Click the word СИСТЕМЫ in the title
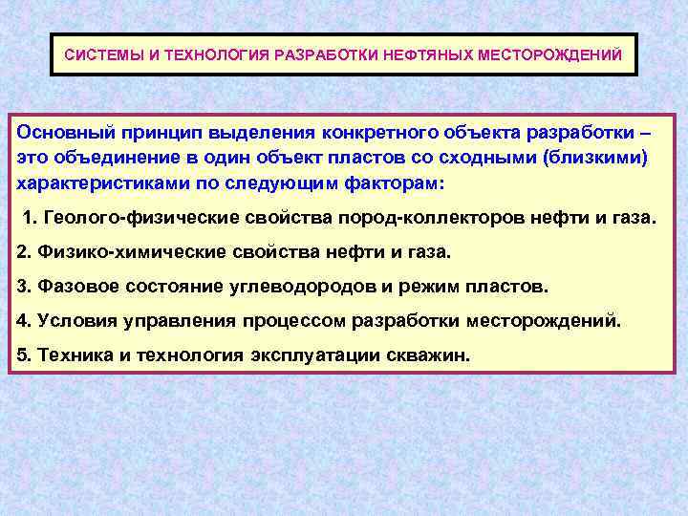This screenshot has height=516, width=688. [x=102, y=54]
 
